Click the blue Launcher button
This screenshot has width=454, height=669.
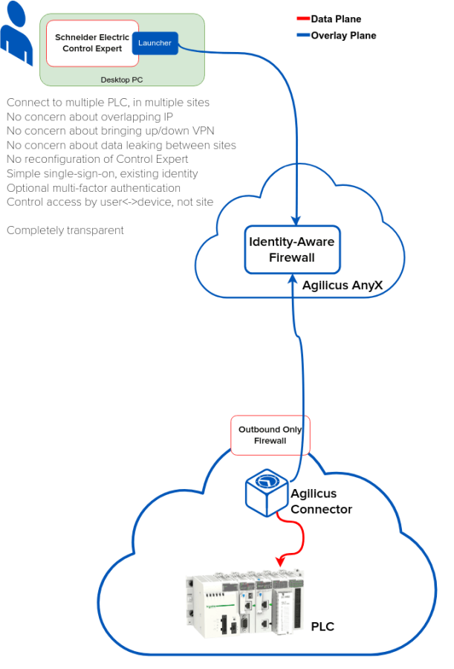(x=155, y=43)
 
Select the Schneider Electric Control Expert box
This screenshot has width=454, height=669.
(x=92, y=43)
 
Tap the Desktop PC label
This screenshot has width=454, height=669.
(x=122, y=80)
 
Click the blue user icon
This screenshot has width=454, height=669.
(x=16, y=37)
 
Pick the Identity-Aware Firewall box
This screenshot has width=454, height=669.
(x=292, y=250)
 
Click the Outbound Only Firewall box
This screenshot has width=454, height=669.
(x=270, y=435)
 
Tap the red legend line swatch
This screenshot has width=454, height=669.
(x=303, y=19)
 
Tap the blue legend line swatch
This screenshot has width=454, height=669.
(x=303, y=35)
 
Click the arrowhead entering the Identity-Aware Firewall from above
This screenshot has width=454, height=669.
(x=296, y=219)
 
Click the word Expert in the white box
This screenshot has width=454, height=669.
(x=108, y=49)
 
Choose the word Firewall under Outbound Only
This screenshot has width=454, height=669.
(x=270, y=441)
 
